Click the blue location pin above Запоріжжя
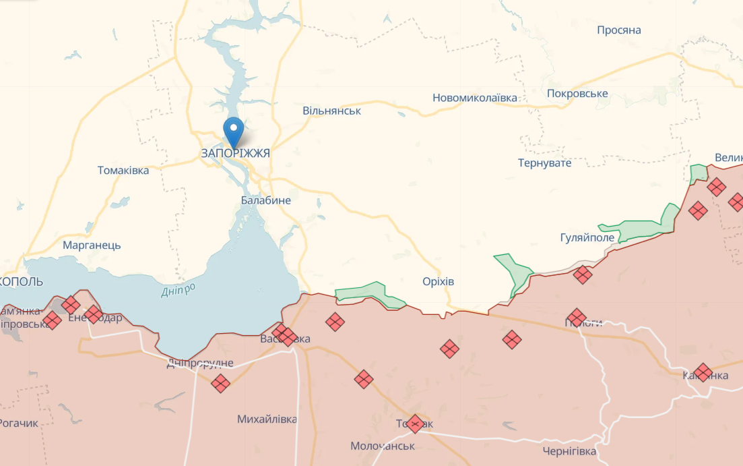[234, 129]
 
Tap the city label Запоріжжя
[235, 154]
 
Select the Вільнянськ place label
[331, 111]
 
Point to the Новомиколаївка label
[475, 98]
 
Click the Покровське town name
[577, 94]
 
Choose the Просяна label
[618, 30]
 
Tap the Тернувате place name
[544, 163]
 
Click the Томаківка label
[123, 171]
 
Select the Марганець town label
[92, 245]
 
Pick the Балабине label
[265, 200]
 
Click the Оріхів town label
[438, 281]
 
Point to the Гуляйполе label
[587, 238]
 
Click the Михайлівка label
[267, 419]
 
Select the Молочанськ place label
[383, 446]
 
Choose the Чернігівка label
[569, 451]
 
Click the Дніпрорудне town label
[199, 363]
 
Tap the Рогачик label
[18, 424]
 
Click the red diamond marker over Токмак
[415, 424]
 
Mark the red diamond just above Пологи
[577, 318]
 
